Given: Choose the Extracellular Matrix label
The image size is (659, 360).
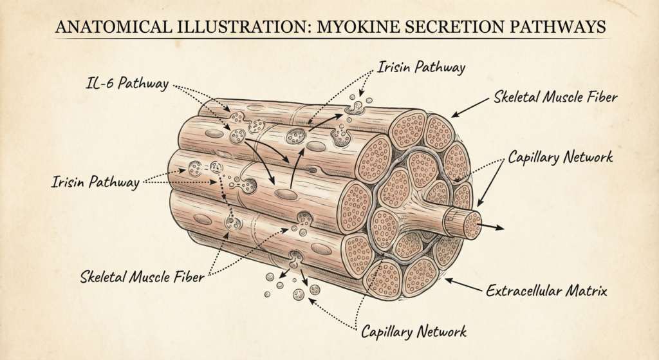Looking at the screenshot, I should [x=546, y=291].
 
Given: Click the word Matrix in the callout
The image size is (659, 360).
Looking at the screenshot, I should [x=586, y=291].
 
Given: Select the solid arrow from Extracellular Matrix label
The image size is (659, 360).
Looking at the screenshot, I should [x=463, y=285].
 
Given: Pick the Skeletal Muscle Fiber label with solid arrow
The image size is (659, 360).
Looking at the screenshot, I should [x=557, y=98].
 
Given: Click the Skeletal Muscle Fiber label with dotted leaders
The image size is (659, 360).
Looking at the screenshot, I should [x=143, y=278].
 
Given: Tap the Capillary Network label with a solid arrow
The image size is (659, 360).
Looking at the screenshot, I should [x=560, y=157].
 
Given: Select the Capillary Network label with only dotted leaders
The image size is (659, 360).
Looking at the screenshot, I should [x=413, y=331].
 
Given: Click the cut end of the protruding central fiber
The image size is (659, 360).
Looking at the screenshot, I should [x=472, y=225].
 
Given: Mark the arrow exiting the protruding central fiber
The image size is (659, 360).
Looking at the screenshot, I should [x=494, y=227].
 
